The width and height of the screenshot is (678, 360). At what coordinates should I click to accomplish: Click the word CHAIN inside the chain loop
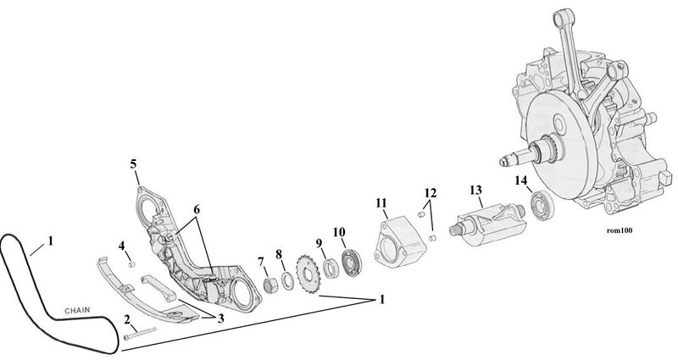(77, 310)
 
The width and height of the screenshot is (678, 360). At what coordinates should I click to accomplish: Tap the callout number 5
(133, 164)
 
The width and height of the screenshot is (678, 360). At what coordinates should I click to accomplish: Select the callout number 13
(475, 190)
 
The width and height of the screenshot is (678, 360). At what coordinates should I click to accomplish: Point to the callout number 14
(521, 180)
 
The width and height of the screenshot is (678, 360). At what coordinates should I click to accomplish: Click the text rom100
(620, 230)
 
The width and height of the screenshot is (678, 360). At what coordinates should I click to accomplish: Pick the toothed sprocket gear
(308, 274)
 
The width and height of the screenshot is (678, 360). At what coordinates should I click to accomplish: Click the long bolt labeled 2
(140, 333)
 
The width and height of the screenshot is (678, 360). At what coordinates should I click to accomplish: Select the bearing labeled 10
(352, 262)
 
